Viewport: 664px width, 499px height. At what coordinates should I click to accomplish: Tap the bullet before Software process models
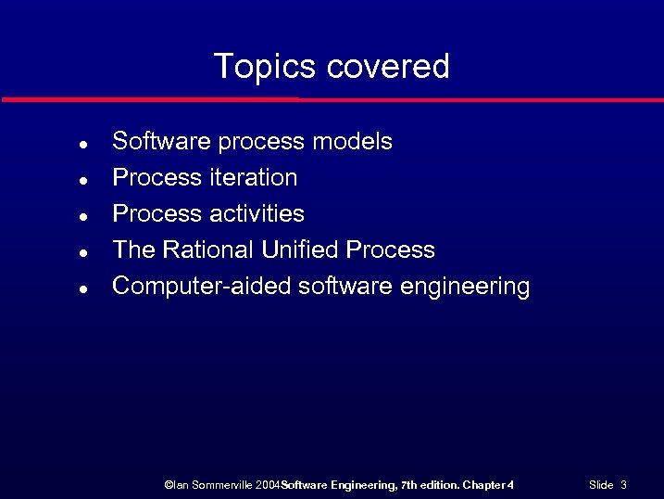click(x=83, y=145)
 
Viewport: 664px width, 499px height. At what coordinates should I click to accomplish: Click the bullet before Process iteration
click(x=83, y=180)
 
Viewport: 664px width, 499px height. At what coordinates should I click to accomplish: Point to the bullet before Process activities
click(x=83, y=216)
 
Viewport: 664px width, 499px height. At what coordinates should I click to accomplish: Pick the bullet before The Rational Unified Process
click(x=83, y=252)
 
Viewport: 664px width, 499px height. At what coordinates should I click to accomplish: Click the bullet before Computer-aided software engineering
click(x=83, y=288)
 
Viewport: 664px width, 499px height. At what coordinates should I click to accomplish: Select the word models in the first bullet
click(x=352, y=142)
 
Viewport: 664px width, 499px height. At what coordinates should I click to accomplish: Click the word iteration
click(x=253, y=177)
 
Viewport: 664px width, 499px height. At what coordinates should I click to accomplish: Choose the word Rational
click(x=209, y=249)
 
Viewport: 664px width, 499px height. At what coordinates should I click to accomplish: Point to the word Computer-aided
click(x=201, y=286)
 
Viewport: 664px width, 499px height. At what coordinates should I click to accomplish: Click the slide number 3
click(x=624, y=484)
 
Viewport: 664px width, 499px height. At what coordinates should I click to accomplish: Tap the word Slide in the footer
click(x=601, y=484)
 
